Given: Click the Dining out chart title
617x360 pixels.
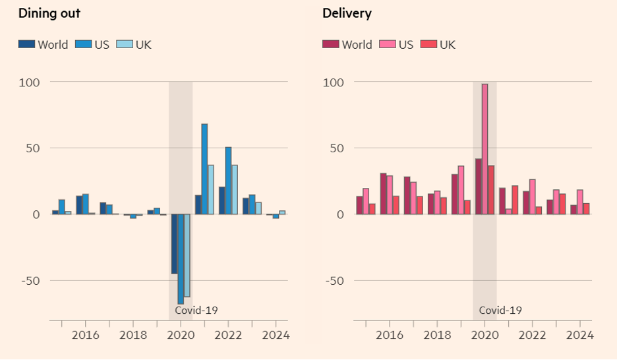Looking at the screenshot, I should [49, 13].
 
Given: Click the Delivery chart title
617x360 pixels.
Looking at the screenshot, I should [347, 13].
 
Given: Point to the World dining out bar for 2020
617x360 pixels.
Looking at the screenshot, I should [174, 244].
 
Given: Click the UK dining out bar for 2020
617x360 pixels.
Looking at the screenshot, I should [187, 255].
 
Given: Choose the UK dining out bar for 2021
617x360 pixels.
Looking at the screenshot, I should [211, 189].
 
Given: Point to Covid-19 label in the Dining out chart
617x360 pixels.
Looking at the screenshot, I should [196, 310].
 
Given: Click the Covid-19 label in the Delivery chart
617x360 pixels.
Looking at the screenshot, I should [500, 310].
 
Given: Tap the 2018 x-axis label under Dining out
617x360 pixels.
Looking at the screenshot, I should [133, 335].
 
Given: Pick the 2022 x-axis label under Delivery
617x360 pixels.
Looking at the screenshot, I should [533, 335].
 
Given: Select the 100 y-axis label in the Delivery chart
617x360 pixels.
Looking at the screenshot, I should [333, 82].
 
